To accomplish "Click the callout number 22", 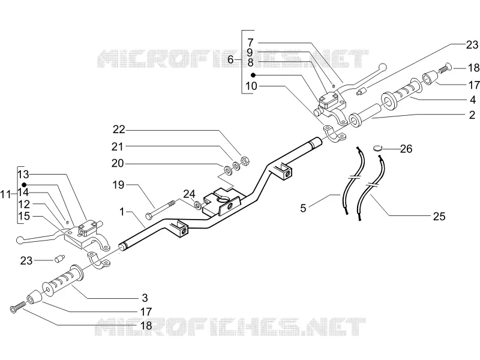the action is coord(119,130).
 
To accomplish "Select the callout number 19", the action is coord(118,185).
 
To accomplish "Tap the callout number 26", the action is coord(406,149).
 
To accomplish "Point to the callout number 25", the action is coord(439,217).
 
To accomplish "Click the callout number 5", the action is coord(303,208).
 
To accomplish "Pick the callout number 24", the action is coord(189,194).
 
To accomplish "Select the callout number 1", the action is coord(122,212).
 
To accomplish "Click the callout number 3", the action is coord(145,298).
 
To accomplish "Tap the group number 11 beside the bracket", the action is coord(5,194).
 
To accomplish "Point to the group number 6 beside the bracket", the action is coord(230,59).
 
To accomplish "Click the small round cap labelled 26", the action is coord(378,148).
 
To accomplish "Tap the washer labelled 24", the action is coord(198,205).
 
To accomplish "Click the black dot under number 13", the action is coord(24,185).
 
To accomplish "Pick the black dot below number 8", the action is coord(253,75).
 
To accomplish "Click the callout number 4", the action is coord(473,100).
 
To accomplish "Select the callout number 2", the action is coord(472,115).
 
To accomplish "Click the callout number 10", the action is coord(251,86).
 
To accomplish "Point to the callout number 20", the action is coord(117,163).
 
